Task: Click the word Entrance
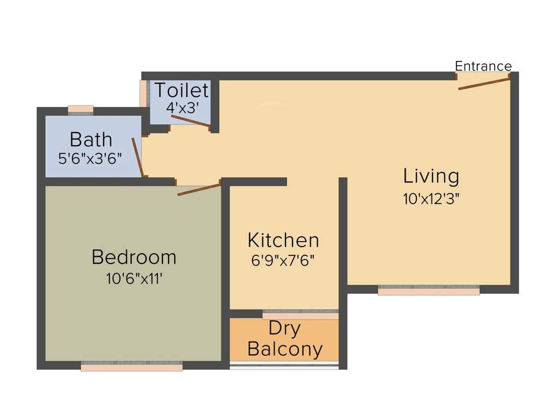[x=483, y=66]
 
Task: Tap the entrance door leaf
[x=484, y=83]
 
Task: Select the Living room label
[x=431, y=176]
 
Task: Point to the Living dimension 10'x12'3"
[x=432, y=198]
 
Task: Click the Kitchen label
[x=283, y=240]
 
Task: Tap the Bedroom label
[x=134, y=256]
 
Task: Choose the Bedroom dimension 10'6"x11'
[x=134, y=278]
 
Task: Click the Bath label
[x=91, y=140]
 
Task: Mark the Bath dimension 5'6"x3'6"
[x=90, y=159]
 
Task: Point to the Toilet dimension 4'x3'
[x=180, y=107]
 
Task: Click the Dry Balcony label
[x=284, y=339]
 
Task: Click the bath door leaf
[x=138, y=157]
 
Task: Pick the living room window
[x=429, y=291]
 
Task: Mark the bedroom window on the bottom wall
[x=132, y=367]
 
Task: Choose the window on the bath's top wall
[x=81, y=109]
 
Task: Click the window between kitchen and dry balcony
[x=300, y=315]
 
